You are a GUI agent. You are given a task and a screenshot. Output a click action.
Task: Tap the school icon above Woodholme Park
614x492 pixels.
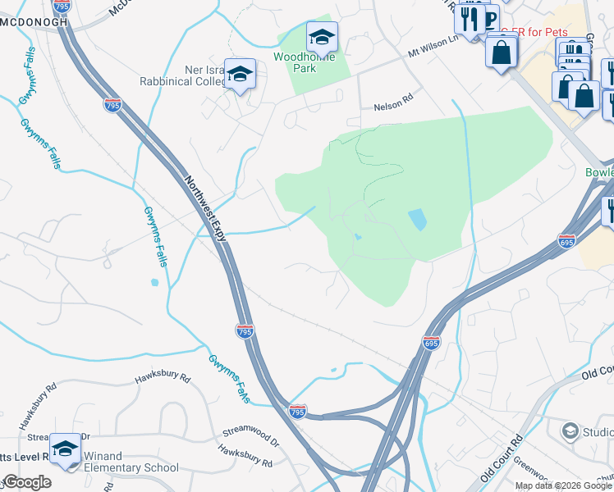322,38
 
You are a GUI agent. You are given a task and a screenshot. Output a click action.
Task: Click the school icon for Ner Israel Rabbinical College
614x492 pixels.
240,75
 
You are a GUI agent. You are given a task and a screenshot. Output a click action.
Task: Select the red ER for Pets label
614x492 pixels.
535,32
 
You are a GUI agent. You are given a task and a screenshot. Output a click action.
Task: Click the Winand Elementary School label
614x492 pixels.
131,467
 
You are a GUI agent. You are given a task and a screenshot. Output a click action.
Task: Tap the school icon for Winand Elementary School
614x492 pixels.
66,449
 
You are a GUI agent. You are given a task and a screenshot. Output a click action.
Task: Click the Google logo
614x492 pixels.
27,482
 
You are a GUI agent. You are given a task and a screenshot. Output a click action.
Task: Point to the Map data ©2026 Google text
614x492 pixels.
563,485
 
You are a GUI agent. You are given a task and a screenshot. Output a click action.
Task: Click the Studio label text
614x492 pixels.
598,432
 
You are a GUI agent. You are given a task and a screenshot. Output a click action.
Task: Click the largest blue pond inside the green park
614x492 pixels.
417,219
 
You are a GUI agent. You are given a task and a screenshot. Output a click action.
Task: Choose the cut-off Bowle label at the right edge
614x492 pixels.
599,173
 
